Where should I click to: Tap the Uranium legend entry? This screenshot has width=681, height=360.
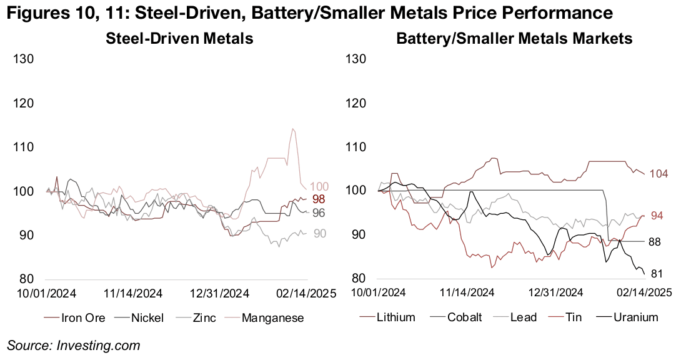634,317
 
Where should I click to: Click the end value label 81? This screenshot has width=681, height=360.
657,274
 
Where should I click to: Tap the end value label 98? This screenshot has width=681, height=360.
319,199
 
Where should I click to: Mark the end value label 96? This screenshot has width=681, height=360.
319,213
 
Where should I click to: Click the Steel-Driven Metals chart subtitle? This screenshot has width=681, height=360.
179,38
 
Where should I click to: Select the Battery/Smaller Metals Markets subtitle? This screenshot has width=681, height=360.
514,38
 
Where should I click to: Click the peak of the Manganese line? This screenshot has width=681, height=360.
292,129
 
